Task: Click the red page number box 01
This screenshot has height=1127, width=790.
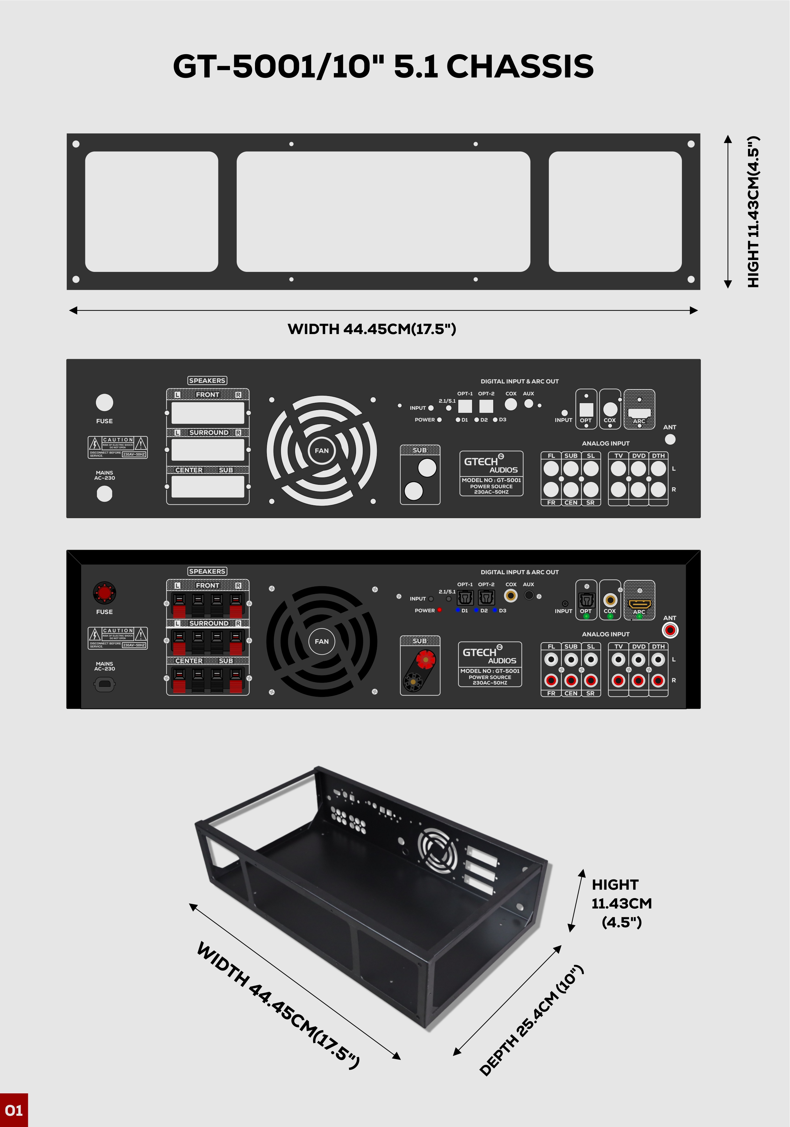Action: point(14,1110)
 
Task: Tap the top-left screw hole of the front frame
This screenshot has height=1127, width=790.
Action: point(76,144)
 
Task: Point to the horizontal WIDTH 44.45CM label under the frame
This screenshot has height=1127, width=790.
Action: point(372,329)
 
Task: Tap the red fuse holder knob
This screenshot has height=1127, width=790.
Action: point(104,593)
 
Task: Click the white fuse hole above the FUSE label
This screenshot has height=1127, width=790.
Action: point(104,402)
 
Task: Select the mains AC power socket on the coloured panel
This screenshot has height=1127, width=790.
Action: point(104,684)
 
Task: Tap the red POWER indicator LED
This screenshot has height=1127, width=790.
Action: point(439,610)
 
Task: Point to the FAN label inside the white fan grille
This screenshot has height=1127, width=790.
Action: point(322,450)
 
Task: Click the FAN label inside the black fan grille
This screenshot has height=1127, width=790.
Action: point(322,641)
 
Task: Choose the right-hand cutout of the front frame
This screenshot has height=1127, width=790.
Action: point(615,212)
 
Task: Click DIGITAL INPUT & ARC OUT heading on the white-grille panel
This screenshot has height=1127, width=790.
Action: point(520,382)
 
